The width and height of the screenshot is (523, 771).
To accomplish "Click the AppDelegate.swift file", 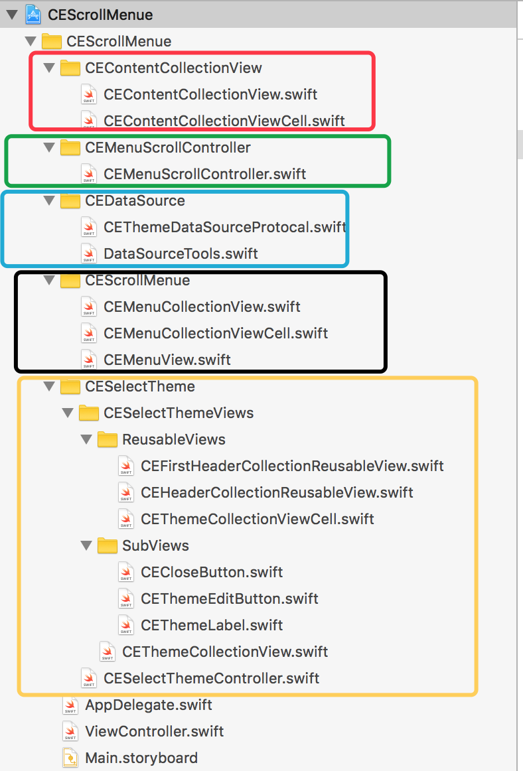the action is (x=149, y=705).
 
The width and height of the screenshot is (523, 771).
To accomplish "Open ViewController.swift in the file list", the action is (x=155, y=731).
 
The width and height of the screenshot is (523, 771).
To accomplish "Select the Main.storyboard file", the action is (x=141, y=758).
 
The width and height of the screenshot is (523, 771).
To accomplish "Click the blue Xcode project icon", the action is (x=33, y=15).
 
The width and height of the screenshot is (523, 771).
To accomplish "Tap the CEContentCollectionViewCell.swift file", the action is (x=224, y=121).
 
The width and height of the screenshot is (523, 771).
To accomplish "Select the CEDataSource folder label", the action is (x=135, y=200).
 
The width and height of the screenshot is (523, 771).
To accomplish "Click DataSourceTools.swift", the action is (x=181, y=253).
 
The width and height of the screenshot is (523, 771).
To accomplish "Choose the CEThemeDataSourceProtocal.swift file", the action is (x=225, y=227).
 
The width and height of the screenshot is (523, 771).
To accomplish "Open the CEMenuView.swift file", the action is (x=167, y=360).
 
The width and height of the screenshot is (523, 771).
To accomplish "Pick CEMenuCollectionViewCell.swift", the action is (x=216, y=333).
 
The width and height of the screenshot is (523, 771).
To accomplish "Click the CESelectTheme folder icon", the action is (x=70, y=386).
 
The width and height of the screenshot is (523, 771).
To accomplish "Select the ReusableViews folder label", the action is (x=174, y=439).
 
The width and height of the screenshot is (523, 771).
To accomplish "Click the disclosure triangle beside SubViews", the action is (x=86, y=545).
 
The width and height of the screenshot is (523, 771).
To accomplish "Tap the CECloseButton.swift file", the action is (x=212, y=572).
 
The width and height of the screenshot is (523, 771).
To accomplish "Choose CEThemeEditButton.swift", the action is (x=229, y=598).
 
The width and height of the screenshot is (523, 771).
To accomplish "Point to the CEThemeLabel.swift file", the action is (x=212, y=625).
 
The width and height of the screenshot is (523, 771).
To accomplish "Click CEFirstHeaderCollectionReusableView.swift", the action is (x=292, y=466).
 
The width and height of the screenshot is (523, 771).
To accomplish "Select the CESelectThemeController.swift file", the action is (x=211, y=678).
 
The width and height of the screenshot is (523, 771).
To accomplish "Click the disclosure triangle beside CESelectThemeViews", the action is (x=68, y=413).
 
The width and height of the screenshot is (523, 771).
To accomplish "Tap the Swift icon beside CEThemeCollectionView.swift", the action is (x=108, y=652).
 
